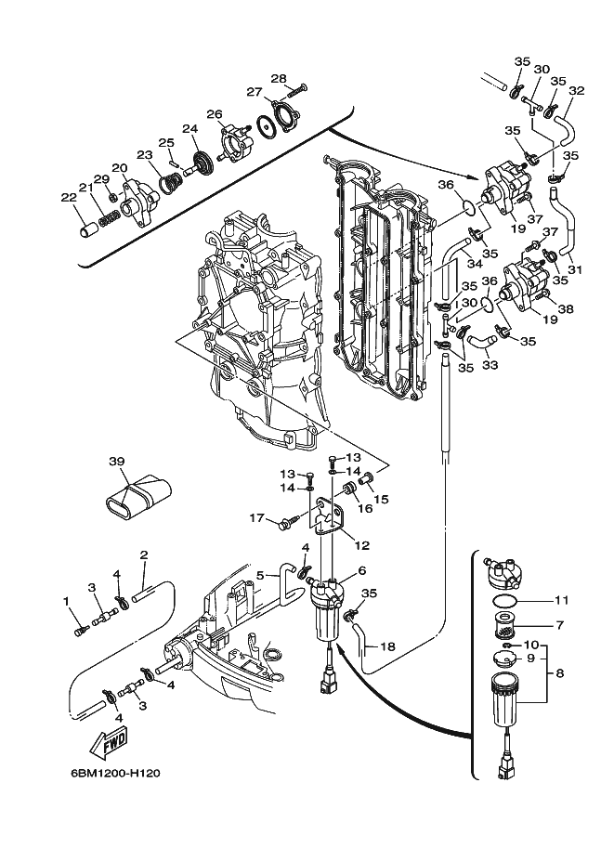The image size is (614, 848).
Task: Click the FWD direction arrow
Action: pyautogui.click(x=108, y=742)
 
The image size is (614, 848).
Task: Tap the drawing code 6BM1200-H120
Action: pyautogui.click(x=115, y=774)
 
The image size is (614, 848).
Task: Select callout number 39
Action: pyautogui.click(x=117, y=462)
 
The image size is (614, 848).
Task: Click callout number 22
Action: pyautogui.click(x=69, y=198)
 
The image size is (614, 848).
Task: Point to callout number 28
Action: pyautogui.click(x=279, y=79)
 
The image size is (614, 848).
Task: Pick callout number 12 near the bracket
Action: pyautogui.click(x=362, y=546)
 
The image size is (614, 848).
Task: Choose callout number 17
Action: pyautogui.click(x=257, y=518)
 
